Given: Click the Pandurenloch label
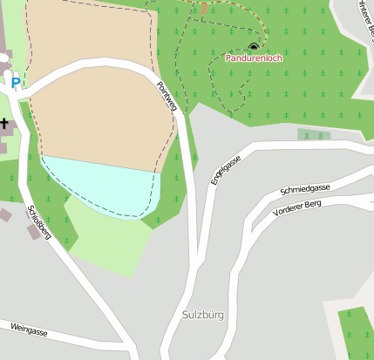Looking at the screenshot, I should point(254,58).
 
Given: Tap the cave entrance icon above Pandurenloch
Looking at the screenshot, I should point(254,46).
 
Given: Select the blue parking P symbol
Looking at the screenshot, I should point(16,83).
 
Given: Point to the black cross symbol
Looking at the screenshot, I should point(3,123).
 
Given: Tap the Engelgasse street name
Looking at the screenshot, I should point(225,169).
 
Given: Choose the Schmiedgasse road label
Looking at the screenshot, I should point(304,189).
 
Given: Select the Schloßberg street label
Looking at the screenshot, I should point(40,223).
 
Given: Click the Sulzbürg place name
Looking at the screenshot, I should point(203,315).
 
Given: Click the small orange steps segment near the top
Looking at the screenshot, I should point(205,10).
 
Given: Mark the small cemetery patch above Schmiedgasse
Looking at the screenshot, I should point(314,134).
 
